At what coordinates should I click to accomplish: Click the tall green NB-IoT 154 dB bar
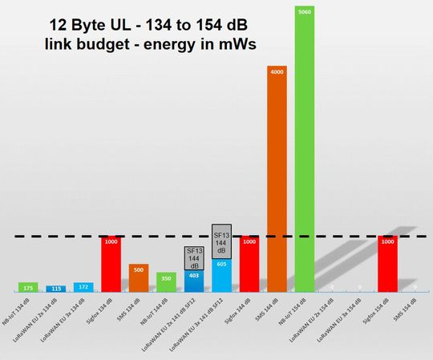coord(306,152)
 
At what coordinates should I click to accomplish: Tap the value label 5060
coord(306,12)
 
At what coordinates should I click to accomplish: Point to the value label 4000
coord(277,71)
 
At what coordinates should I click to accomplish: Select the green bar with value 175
coord(28,287)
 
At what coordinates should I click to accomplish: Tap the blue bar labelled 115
coord(55,289)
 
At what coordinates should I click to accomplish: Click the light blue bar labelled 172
coord(83,287)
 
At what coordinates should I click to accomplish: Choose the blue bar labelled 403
coord(194,281)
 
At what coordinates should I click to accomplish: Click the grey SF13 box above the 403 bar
coord(194,257)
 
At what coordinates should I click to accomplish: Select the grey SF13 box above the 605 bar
coord(222,241)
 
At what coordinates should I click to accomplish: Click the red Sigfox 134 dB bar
coord(111,265)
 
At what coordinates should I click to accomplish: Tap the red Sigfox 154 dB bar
coord(388,265)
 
